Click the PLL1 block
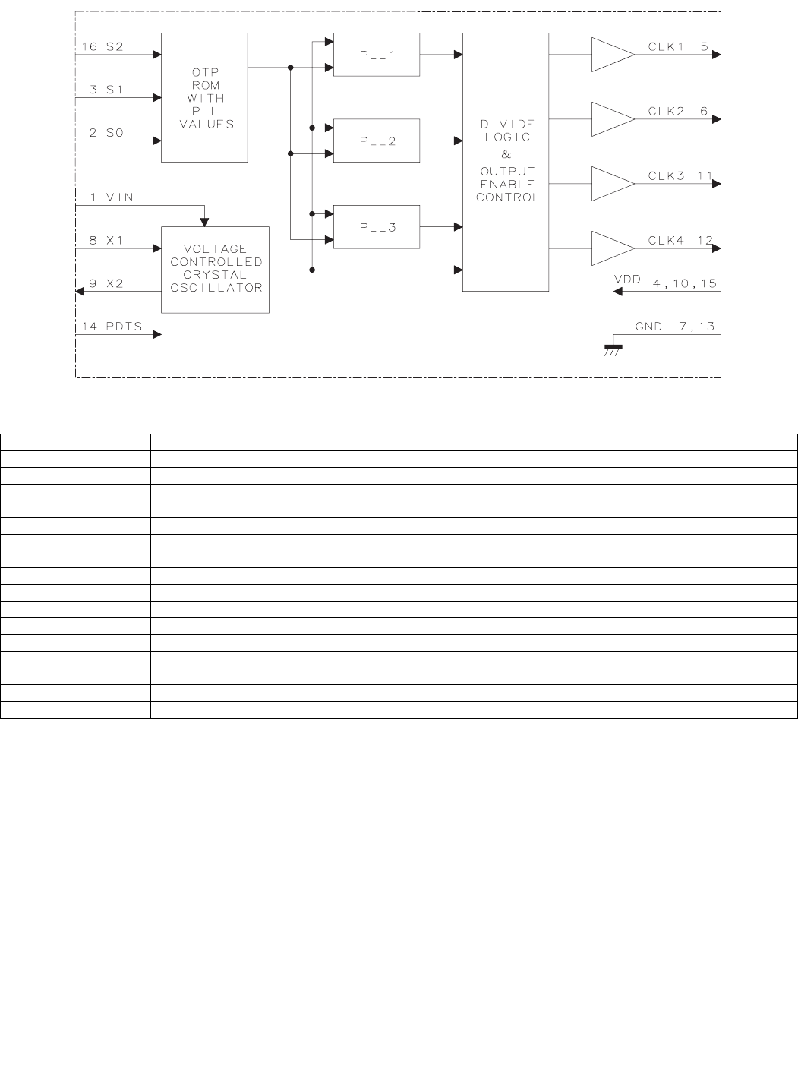click(377, 55)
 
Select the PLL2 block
click(377, 141)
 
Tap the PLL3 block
click(377, 227)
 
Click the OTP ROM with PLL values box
click(204, 97)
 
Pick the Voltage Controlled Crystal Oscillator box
click(215, 269)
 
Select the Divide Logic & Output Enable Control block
click(506, 162)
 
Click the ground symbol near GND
click(613, 349)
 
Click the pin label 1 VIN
click(112, 197)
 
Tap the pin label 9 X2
click(106, 283)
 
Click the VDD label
click(627, 280)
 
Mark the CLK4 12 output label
click(680, 241)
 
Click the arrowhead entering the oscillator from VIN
click(204, 222)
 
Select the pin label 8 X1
click(106, 241)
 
